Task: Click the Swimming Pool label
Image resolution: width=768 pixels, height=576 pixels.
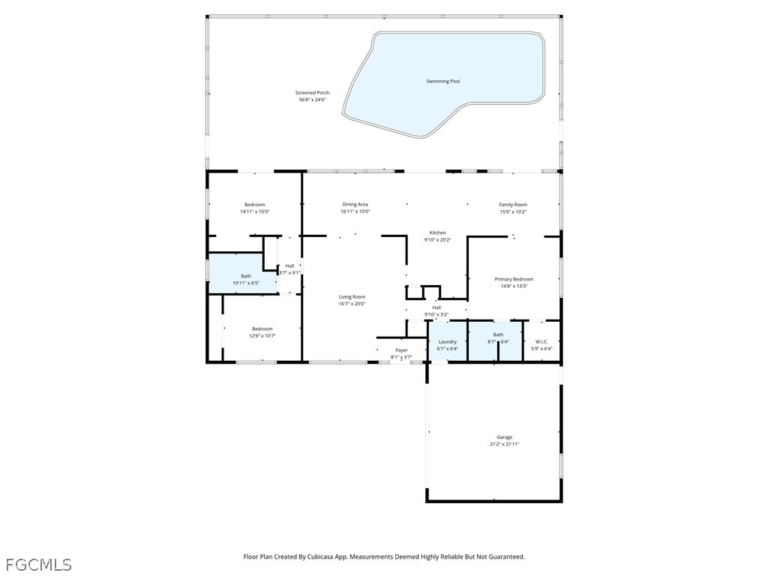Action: [442, 81]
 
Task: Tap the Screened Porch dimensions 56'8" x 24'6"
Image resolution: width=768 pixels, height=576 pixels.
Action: [312, 100]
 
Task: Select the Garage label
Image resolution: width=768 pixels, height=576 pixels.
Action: [504, 437]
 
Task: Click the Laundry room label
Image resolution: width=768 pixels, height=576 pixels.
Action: [447, 342]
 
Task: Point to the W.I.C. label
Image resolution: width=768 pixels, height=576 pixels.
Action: [541, 342]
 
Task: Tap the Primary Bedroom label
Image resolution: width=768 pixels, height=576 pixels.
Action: [514, 279]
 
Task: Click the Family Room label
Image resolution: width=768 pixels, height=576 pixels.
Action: [513, 205]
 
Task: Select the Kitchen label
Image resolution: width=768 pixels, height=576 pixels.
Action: [437, 232]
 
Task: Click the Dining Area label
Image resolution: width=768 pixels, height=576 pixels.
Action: [355, 205]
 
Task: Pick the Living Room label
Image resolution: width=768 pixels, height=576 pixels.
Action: [352, 297]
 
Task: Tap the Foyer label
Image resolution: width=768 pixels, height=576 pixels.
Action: [401, 350]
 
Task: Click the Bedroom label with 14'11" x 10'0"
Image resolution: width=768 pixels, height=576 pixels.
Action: [254, 205]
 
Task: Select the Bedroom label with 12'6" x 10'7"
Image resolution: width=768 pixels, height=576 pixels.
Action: [262, 328]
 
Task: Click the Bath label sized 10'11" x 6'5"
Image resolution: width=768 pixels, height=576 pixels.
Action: [245, 276]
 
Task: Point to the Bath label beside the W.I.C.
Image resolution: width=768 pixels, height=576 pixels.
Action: [498, 334]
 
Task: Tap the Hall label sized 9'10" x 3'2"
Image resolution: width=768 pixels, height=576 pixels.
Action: [436, 307]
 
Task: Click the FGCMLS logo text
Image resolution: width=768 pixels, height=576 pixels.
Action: [38, 564]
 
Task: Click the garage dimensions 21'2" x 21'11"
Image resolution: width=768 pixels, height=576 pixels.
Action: [504, 444]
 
